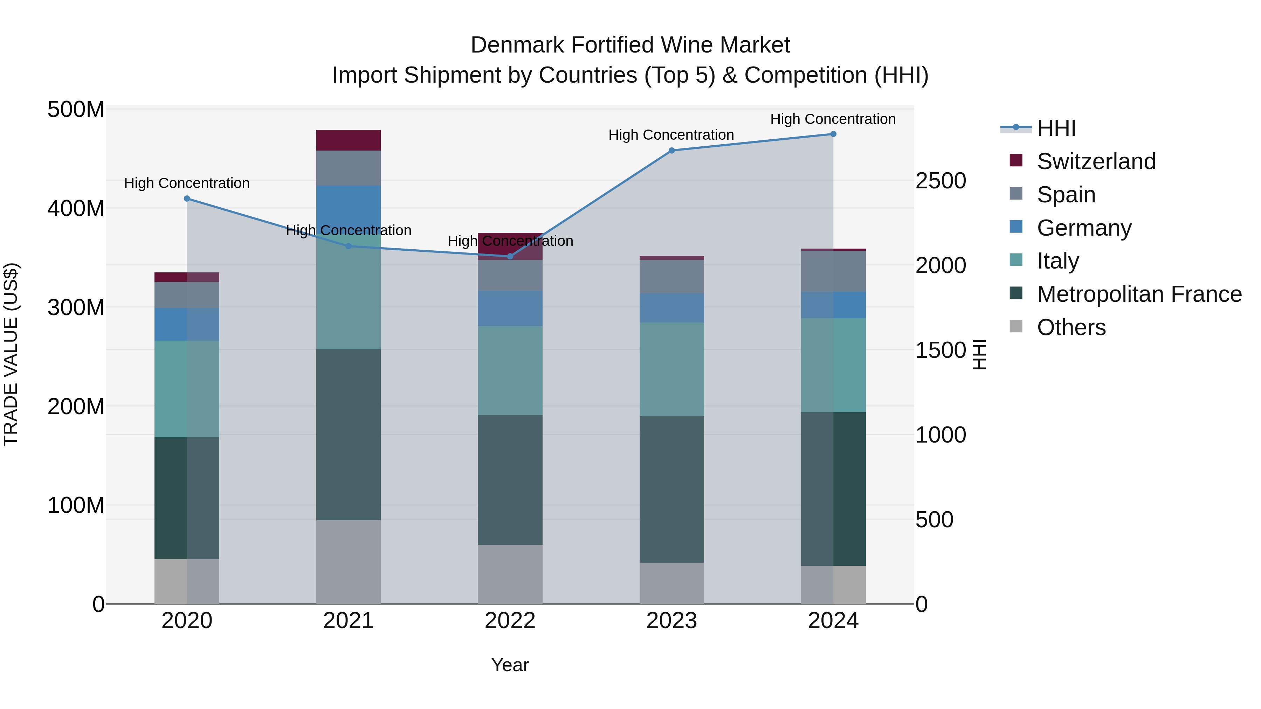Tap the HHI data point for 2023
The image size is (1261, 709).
[671, 151]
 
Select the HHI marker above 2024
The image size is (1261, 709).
[833, 134]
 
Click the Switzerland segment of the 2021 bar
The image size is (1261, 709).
[348, 140]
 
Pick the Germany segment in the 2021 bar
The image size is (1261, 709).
[348, 208]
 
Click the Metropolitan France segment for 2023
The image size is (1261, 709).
[671, 489]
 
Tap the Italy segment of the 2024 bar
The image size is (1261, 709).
[833, 365]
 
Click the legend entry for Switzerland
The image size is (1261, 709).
[1096, 161]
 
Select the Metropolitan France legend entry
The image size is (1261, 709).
[1139, 294]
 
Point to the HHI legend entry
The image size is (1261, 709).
[1055, 128]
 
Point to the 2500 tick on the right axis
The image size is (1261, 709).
[940, 181]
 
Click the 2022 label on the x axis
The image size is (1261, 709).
[510, 621]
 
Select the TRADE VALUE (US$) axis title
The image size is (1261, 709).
[11, 354]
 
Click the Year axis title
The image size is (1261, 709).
[510, 665]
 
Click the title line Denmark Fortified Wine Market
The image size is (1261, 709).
[630, 45]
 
